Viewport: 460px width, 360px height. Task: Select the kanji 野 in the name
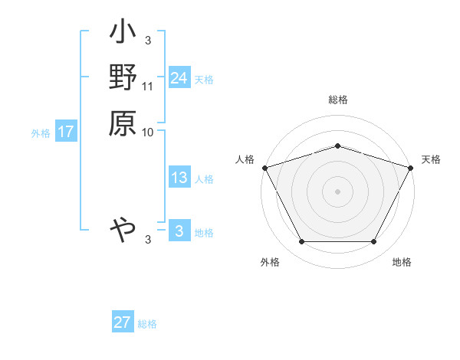tap(123, 77)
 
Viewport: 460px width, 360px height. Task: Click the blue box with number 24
tap(179, 78)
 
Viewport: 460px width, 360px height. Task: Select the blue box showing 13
tap(179, 178)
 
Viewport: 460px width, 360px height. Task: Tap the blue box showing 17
tap(66, 132)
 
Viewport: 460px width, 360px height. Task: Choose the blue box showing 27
tap(123, 322)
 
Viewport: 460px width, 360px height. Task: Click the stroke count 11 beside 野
tap(148, 87)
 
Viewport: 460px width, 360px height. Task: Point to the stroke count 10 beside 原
tap(148, 132)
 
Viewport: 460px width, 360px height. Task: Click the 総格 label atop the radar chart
tap(338, 100)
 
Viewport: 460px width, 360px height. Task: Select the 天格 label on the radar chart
tap(431, 159)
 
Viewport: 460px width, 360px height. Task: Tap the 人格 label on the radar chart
tap(245, 159)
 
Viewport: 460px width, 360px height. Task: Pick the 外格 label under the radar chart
tap(270, 263)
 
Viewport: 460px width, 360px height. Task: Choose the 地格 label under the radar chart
tap(402, 263)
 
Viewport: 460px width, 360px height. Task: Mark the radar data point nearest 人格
tap(264, 167)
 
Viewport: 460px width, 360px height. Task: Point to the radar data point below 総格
tap(338, 146)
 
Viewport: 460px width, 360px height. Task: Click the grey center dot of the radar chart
tap(338, 191)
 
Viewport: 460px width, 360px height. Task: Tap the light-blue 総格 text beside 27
tap(147, 324)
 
